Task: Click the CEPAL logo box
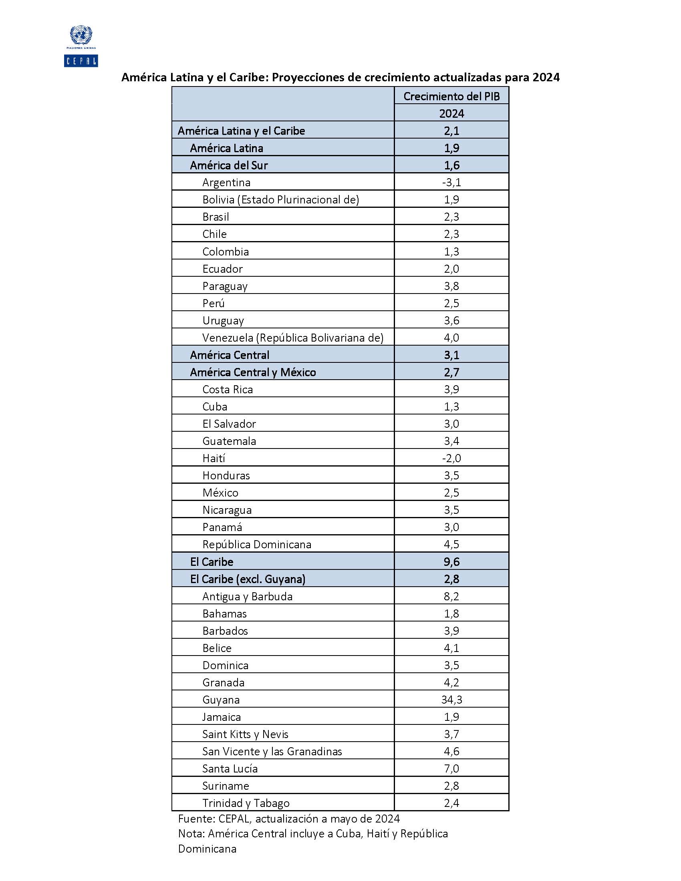(x=81, y=60)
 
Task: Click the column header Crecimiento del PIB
(x=451, y=97)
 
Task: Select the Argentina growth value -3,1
(x=451, y=182)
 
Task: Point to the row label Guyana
(x=221, y=700)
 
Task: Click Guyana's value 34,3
(x=451, y=700)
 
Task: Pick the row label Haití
(x=214, y=458)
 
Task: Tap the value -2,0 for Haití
(x=451, y=458)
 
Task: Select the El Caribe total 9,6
(x=451, y=561)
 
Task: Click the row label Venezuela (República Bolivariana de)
(x=293, y=338)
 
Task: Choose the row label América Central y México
(x=253, y=372)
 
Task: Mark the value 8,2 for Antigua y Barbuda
(x=451, y=596)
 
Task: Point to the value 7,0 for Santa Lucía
(x=451, y=768)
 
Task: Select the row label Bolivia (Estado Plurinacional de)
(x=281, y=200)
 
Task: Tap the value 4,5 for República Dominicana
(x=451, y=544)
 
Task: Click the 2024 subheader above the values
(x=451, y=113)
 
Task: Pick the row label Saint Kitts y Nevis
(x=245, y=734)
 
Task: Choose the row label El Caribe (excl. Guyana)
(x=248, y=579)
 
